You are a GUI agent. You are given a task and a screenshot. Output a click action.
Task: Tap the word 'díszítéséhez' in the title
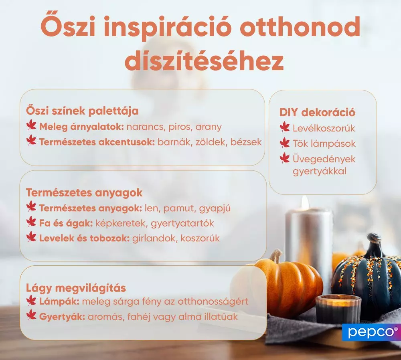pyautogui.click(x=204, y=61)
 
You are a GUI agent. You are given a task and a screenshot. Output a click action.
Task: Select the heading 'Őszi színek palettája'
pyautogui.click(x=82, y=110)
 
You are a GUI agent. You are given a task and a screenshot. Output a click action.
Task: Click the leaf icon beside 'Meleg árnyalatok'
pyautogui.click(x=31, y=126)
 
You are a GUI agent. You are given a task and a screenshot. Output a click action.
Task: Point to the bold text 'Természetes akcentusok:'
pyautogui.click(x=97, y=142)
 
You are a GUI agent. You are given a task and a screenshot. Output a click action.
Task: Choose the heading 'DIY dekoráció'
pyautogui.click(x=317, y=112)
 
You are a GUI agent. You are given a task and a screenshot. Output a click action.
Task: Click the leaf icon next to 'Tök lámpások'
pyautogui.click(x=285, y=143)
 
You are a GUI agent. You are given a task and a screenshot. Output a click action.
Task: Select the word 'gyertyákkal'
pyautogui.click(x=320, y=172)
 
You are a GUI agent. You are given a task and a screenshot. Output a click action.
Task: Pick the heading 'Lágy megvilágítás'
pyautogui.click(x=76, y=288)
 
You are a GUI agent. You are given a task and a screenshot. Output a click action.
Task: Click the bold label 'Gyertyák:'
pyautogui.click(x=62, y=316)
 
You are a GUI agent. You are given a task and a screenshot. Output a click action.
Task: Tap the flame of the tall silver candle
pyautogui.click(x=305, y=203)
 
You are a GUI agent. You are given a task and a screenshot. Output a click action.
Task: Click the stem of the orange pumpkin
pyautogui.click(x=276, y=256)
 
